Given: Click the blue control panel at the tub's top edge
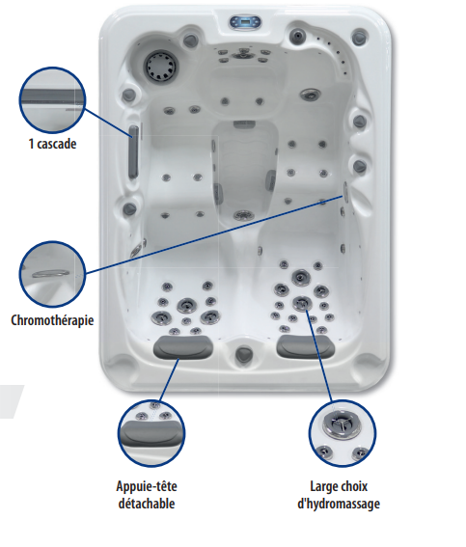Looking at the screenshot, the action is click(x=245, y=22).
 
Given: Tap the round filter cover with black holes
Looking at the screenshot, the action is click(x=161, y=66).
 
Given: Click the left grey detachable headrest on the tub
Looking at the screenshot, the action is click(x=183, y=347).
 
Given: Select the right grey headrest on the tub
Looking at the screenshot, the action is click(x=306, y=346).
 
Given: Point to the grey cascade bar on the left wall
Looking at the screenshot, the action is click(x=133, y=151).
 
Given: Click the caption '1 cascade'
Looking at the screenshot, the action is click(x=52, y=144).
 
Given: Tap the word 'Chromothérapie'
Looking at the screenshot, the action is click(x=52, y=320).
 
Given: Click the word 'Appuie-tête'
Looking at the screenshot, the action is click(x=147, y=486).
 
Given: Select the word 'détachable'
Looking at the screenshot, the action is click(x=147, y=504).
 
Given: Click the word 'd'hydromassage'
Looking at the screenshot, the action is click(x=339, y=505).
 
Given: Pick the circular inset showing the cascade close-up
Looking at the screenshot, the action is click(x=52, y=100).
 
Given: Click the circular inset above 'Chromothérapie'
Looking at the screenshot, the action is click(x=52, y=274).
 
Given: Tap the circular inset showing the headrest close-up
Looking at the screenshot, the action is click(x=151, y=434).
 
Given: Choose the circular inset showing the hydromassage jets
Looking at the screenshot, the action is click(x=343, y=433).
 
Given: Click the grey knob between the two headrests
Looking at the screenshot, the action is click(x=244, y=354).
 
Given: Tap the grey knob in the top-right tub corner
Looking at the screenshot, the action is click(x=359, y=37).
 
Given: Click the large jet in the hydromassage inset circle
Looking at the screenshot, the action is click(x=341, y=424).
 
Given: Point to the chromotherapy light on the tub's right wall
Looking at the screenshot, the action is click(x=346, y=191).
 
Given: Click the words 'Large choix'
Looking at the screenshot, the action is click(x=339, y=486).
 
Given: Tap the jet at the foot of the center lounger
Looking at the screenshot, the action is click(x=243, y=215).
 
